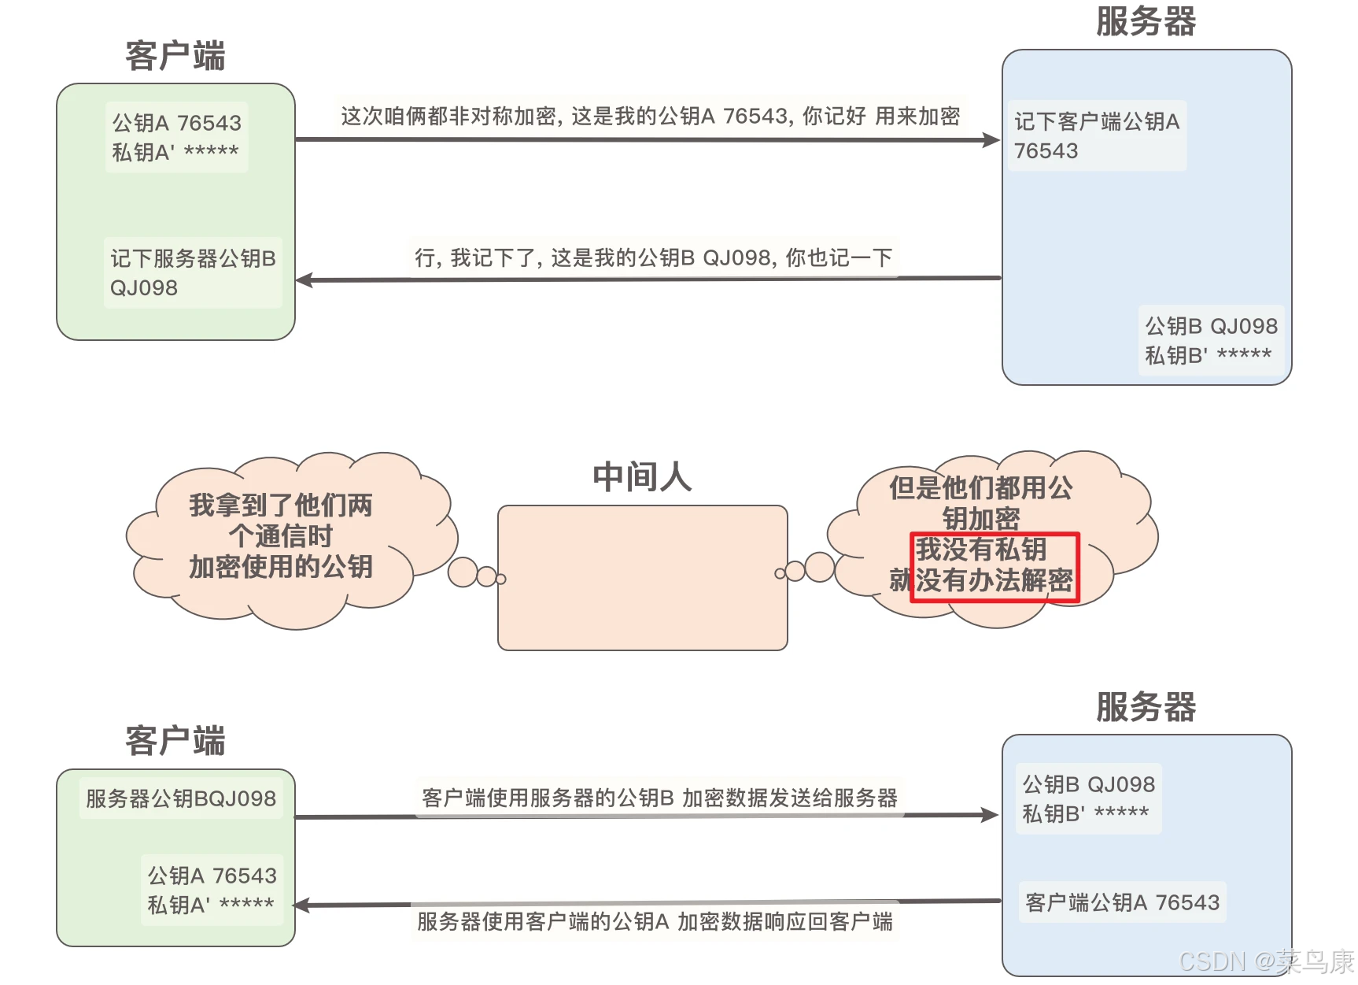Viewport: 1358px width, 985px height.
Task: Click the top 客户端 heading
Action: pos(175,57)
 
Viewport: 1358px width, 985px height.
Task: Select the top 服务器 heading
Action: pos(1146,22)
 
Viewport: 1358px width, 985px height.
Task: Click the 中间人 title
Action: pos(642,477)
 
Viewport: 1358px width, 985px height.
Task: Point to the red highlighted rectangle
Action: pos(995,568)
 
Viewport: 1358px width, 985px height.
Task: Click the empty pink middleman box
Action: pos(642,578)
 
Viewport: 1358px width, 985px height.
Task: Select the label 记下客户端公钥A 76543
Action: pos(1097,135)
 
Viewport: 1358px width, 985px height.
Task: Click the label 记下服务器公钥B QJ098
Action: pos(193,272)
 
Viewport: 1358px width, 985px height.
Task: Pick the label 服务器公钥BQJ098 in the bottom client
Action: pos(180,798)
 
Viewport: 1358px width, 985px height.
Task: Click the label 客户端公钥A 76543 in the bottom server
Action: pos(1122,902)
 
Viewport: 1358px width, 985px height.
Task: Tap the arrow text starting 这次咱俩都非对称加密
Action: pos(650,117)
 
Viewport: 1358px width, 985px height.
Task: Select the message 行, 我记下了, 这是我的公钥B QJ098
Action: pos(653,257)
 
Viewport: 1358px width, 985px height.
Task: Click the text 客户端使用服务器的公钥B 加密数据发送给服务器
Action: pos(659,798)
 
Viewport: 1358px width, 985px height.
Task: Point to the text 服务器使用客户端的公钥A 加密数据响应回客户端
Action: pos(655,921)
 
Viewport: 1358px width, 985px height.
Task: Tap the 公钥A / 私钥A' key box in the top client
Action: pos(176,137)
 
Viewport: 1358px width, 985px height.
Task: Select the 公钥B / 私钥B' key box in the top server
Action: pos(1211,340)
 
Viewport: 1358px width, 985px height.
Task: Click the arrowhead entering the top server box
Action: pos(991,140)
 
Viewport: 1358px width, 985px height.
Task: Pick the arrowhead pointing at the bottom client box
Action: pos(304,905)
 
